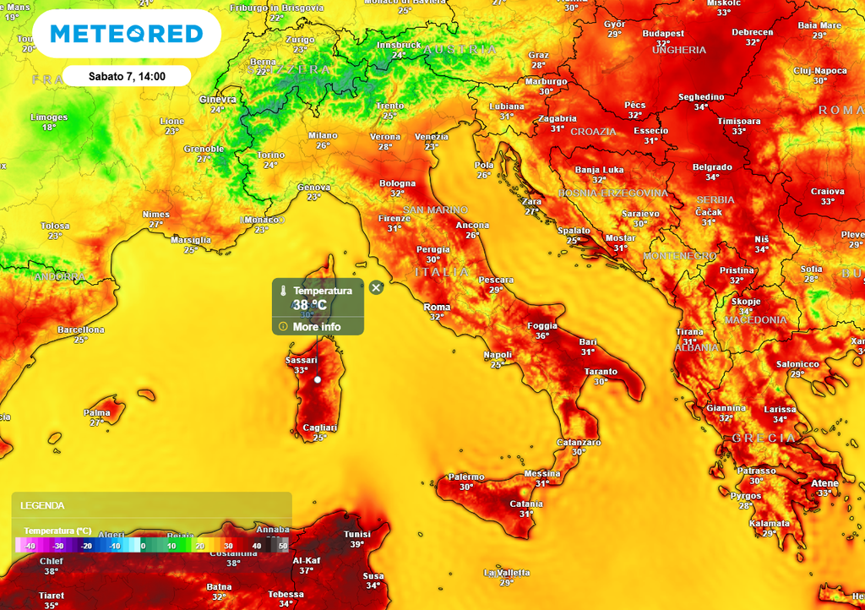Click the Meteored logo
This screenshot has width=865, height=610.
(127, 34)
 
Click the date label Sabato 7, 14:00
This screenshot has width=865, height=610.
(127, 76)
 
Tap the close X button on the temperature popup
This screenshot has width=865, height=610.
(376, 288)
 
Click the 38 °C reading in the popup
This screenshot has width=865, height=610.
(309, 305)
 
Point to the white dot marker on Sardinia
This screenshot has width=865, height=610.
(318, 380)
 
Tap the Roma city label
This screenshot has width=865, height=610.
(437, 307)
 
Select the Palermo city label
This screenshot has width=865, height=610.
(466, 477)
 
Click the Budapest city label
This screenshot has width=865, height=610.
(663, 34)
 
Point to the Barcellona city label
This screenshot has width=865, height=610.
(81, 330)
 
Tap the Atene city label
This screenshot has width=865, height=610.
(824, 483)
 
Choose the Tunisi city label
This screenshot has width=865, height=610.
(357, 534)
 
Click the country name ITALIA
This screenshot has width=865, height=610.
(441, 272)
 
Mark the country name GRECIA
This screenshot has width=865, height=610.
(764, 438)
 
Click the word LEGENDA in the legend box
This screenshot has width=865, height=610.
(43, 505)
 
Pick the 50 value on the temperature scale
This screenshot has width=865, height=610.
(283, 546)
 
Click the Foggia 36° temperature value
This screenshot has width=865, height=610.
(541, 336)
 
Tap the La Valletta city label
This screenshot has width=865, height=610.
(506, 572)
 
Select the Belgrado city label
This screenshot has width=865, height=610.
(712, 167)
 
